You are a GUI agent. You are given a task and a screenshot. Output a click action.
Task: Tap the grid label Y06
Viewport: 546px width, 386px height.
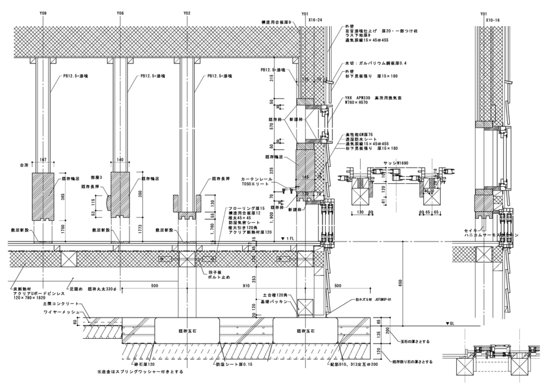[x=119, y=13]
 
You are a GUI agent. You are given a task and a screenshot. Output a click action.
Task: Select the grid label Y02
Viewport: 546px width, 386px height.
[x=187, y=13]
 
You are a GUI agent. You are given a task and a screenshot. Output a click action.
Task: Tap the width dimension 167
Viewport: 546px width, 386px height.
[x=43, y=161]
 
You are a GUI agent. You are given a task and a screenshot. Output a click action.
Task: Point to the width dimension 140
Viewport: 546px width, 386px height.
[x=119, y=161]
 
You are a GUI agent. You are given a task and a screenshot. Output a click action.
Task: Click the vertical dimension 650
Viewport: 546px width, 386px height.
[x=400, y=282]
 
